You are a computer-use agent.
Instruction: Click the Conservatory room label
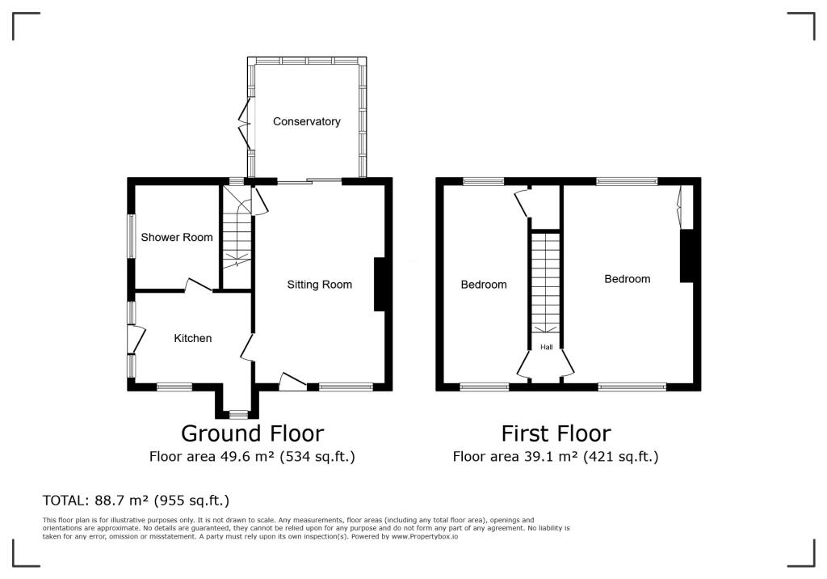(x=306, y=121)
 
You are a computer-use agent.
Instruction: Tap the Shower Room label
(x=177, y=237)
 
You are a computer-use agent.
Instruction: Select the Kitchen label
(x=193, y=338)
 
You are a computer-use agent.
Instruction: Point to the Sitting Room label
(x=320, y=285)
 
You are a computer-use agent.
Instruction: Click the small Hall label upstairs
(x=547, y=347)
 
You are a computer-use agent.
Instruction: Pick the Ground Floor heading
(x=252, y=433)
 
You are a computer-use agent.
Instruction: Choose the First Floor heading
(x=556, y=433)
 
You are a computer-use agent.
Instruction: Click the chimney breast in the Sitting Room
(x=379, y=285)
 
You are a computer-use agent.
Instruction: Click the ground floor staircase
(x=237, y=235)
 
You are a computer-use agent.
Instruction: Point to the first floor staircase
(x=546, y=283)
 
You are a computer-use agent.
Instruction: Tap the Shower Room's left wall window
(x=131, y=236)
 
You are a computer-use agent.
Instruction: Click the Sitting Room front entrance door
(x=292, y=382)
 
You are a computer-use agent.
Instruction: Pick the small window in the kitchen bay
(x=238, y=415)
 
